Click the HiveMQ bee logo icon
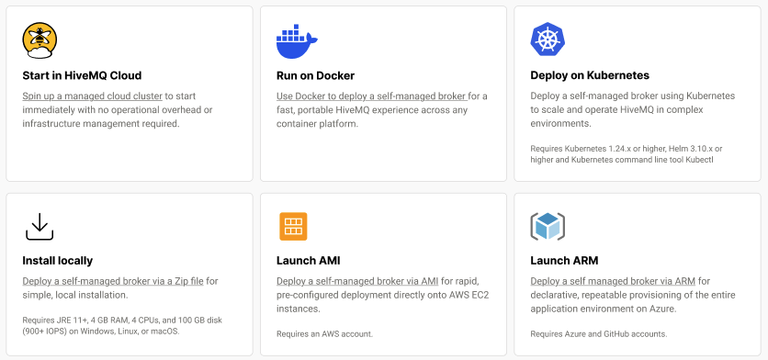coord(40,39)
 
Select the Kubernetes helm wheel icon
coord(548,39)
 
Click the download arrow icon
coord(40,225)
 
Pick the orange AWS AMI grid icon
coord(293,226)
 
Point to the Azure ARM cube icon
coord(548,226)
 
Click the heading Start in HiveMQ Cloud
coord(82,75)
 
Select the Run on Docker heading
coord(315,75)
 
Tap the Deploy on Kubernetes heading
coord(590,75)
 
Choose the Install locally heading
coord(57,261)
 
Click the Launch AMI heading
coord(308,261)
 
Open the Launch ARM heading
coord(563,261)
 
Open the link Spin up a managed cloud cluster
coord(92,96)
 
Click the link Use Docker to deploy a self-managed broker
coord(371,96)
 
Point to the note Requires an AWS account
coord(324,333)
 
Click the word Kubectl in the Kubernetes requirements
coord(695,160)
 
